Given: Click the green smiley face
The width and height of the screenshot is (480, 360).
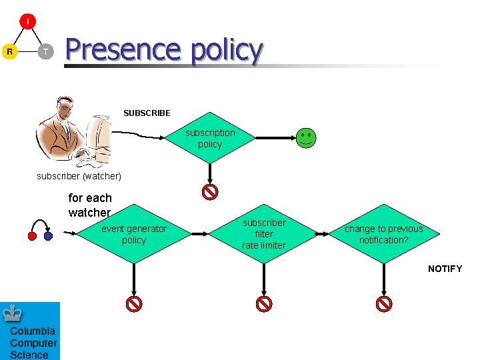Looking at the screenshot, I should [x=306, y=138].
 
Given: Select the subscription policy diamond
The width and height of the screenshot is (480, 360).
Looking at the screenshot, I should [x=210, y=139].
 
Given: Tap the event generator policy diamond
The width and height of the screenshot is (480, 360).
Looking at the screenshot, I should [x=134, y=234].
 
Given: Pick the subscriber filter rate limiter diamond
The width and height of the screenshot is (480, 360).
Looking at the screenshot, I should [x=264, y=234].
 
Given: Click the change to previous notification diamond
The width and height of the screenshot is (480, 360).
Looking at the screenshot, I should [x=383, y=234].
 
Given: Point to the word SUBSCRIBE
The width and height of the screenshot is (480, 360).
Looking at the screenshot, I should [x=147, y=113].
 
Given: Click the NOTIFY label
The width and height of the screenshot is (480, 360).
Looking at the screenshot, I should [x=445, y=269].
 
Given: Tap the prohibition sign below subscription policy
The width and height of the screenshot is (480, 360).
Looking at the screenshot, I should [x=210, y=193].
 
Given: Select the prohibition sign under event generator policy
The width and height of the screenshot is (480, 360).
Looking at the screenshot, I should [x=134, y=304].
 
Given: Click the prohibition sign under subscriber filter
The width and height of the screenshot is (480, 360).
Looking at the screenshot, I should [x=264, y=304].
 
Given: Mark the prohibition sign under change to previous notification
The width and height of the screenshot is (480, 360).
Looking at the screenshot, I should [x=384, y=304].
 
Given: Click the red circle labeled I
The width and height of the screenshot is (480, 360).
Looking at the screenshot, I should [x=27, y=21].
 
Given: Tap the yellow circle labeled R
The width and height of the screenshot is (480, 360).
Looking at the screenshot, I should [x=9, y=51].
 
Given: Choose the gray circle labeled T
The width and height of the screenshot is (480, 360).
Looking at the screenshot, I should [x=45, y=51].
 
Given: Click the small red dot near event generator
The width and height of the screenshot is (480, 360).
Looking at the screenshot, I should [x=31, y=236].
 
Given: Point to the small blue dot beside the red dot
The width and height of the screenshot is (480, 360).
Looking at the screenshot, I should [x=48, y=236].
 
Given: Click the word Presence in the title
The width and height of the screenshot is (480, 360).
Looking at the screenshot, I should [x=123, y=50].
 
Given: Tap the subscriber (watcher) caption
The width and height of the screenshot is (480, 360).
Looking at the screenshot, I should [x=79, y=177].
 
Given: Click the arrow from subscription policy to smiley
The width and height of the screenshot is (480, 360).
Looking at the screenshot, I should [x=273, y=138].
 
